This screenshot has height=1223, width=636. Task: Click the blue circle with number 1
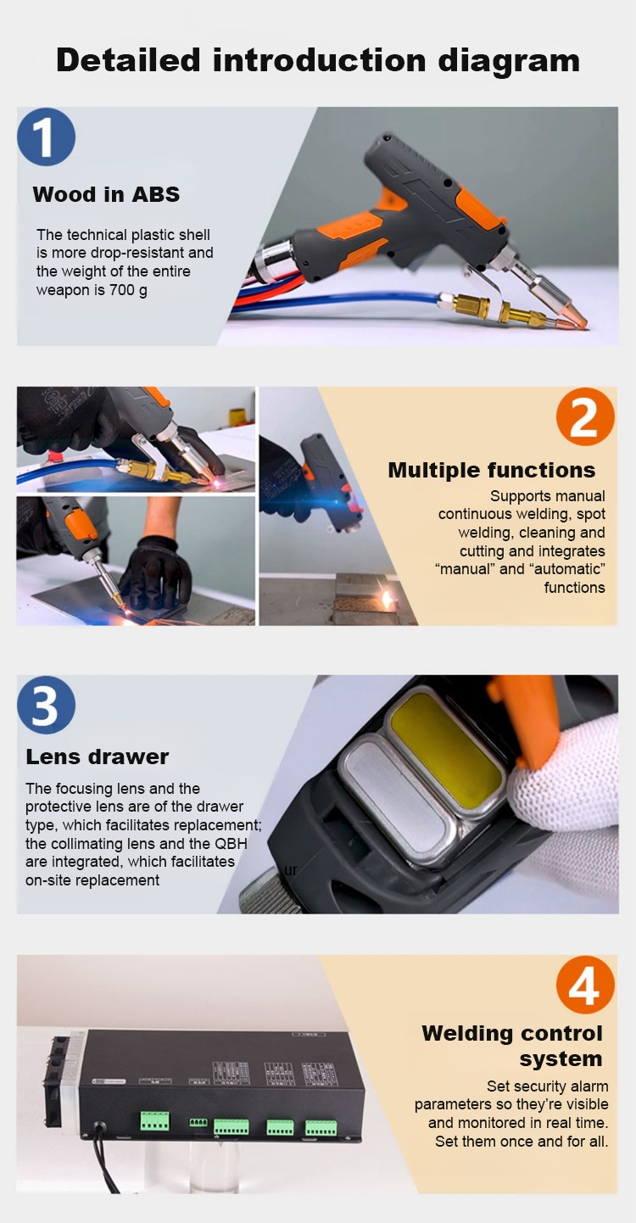[x=47, y=137]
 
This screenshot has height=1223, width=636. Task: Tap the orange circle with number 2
[x=585, y=416]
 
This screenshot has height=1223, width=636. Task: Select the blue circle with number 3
[x=47, y=705]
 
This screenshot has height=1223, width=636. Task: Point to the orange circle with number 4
[x=585, y=985]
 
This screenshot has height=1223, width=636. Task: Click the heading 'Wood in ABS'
[x=106, y=194]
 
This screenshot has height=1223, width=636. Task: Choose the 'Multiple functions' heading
[x=491, y=470]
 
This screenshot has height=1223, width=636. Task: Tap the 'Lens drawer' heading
[x=98, y=757]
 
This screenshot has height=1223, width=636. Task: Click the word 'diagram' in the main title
[x=510, y=61]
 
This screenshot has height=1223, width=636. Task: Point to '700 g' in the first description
[x=128, y=290]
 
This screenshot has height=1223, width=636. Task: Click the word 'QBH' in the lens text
[x=231, y=844]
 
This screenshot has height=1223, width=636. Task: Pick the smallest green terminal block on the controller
[x=198, y=1122]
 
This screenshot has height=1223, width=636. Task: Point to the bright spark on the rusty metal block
[x=387, y=599]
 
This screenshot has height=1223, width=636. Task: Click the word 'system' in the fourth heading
[x=561, y=1058]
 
